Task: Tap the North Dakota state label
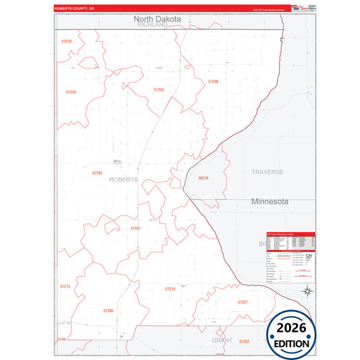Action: (157, 20)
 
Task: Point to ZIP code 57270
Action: (66, 41)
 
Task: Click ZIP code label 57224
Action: (71, 92)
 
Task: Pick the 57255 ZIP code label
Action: (159, 89)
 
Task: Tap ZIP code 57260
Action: (213, 82)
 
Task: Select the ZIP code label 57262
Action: (97, 173)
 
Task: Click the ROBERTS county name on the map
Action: (123, 180)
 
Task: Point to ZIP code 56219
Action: (203, 178)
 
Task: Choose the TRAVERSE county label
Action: (267, 172)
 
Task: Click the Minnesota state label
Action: (269, 201)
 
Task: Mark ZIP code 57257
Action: (135, 228)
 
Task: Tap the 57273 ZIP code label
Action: (65, 286)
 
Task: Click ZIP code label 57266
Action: (108, 310)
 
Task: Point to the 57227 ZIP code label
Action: (242, 302)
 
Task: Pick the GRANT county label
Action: (222, 341)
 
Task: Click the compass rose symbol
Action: (307, 292)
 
